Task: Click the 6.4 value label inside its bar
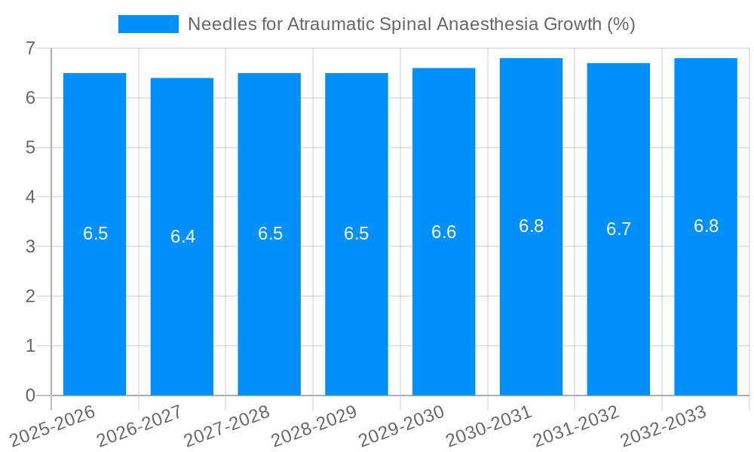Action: coord(182,237)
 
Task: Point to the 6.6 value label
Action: coord(443,232)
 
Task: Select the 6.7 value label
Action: coord(618,229)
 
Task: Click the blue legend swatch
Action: coord(149,24)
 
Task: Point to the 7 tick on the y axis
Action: coord(30,48)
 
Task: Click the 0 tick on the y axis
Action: coord(30,395)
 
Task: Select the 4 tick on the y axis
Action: coord(30,197)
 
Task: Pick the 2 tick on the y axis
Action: coord(30,296)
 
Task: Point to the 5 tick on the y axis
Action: coord(30,148)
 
